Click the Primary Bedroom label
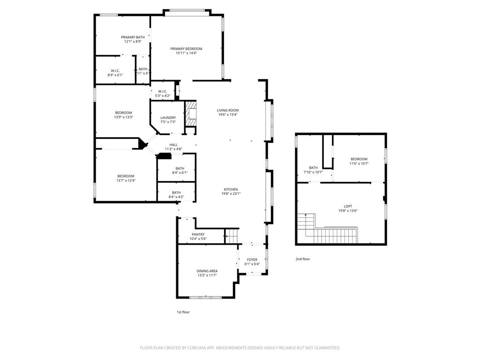click(x=186, y=49)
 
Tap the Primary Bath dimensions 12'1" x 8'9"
click(x=133, y=42)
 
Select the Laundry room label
click(x=168, y=118)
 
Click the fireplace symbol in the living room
click(x=191, y=114)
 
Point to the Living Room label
click(x=227, y=110)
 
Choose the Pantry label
click(x=198, y=234)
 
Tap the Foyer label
click(x=252, y=259)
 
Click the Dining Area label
click(x=207, y=270)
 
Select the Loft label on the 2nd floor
click(x=347, y=206)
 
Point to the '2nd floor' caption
click(x=302, y=259)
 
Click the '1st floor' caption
click(x=183, y=312)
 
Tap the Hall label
click(x=173, y=145)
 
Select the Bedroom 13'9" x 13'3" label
click(x=124, y=112)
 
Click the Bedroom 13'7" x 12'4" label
click(x=126, y=176)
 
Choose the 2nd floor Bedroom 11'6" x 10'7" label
click(x=359, y=159)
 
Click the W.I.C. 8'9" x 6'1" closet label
click(x=115, y=70)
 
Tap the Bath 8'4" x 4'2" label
click(x=176, y=192)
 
